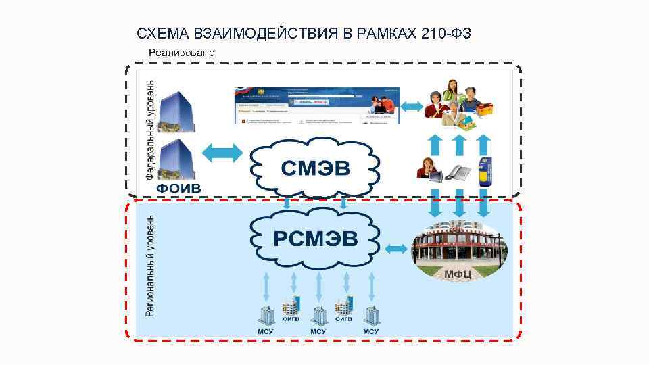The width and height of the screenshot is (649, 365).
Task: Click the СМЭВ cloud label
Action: pos(316,168)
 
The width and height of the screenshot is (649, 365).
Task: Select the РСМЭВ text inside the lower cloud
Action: pos(316,238)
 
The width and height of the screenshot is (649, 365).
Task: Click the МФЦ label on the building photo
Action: pos(458,274)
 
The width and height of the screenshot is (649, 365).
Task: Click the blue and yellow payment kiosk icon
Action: pos(484,171)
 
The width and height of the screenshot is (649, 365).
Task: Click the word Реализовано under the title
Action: pos(182,53)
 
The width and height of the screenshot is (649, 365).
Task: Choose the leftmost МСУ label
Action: pos(265,332)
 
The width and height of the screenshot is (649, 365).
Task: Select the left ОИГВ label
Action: pos(291,319)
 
